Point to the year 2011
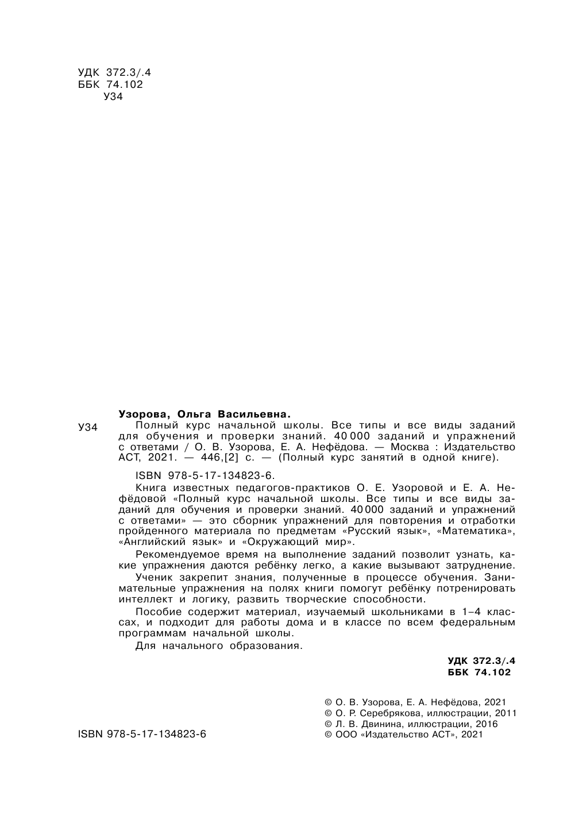point(506,713)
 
